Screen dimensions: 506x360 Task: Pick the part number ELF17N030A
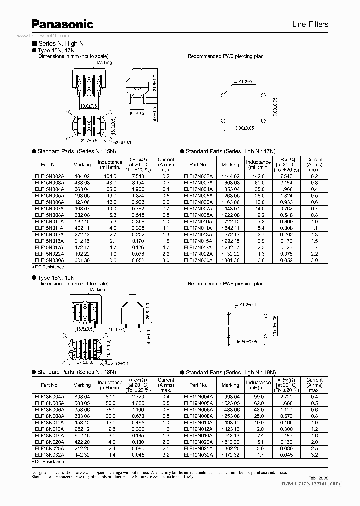(198, 260)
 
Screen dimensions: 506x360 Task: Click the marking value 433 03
(82, 183)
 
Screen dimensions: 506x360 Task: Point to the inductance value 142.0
(258, 177)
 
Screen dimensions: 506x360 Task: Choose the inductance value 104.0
(110, 177)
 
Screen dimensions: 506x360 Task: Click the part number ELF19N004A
(198, 397)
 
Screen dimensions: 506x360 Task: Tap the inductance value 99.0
(258, 397)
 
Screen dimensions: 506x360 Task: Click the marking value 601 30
(82, 260)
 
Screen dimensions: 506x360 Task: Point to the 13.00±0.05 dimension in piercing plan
(243, 129)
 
